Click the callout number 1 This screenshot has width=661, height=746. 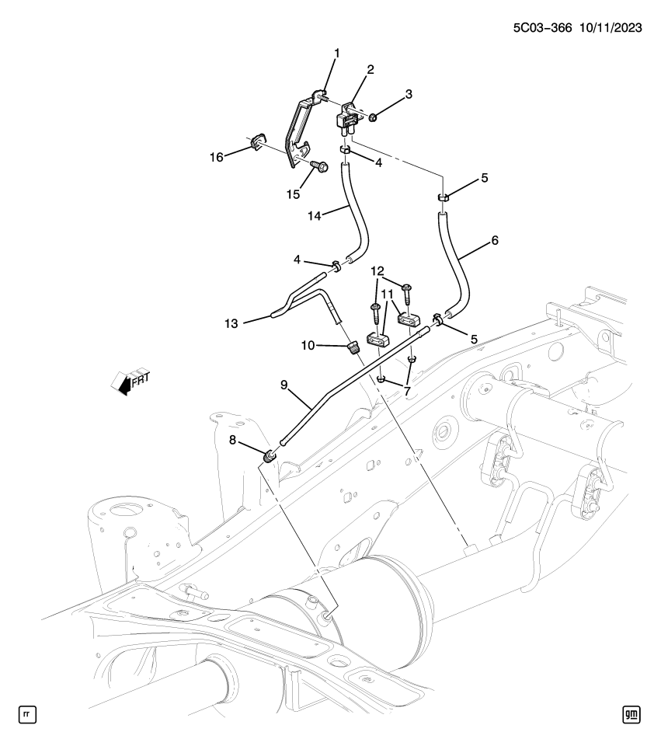337,54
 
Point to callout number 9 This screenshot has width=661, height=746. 285,383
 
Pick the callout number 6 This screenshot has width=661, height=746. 494,241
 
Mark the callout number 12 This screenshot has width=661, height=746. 377,271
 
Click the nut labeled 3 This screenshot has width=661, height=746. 373,118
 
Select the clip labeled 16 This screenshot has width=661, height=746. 259,145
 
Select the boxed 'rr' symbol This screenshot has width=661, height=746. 27,713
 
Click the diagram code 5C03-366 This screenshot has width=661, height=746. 541,27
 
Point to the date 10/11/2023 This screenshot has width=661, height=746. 610,27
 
